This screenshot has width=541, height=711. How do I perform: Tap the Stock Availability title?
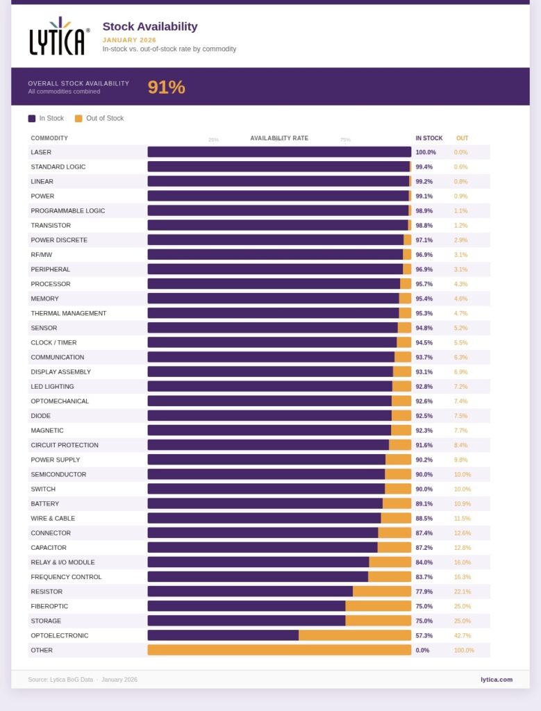pyautogui.click(x=150, y=26)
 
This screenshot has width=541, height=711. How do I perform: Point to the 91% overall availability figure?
pyautogui.click(x=166, y=87)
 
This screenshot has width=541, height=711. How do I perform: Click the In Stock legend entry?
pyautogui.click(x=46, y=118)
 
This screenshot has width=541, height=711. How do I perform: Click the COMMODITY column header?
pyautogui.click(x=49, y=138)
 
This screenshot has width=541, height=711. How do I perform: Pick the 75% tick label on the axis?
pyautogui.click(x=345, y=140)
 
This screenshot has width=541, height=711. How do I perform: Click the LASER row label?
pyautogui.click(x=41, y=152)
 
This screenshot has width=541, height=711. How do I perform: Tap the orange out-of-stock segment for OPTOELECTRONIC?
pyautogui.click(x=355, y=635)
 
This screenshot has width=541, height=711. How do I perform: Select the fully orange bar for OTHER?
pyautogui.click(x=279, y=650)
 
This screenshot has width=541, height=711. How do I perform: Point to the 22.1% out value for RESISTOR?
pyautogui.click(x=462, y=592)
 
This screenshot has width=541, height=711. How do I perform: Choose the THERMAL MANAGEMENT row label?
pyautogui.click(x=69, y=313)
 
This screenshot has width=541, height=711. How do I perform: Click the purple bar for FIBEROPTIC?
pyautogui.click(x=247, y=606)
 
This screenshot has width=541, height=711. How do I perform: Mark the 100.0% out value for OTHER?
pyautogui.click(x=464, y=650)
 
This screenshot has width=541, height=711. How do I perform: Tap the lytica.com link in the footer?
pyautogui.click(x=496, y=679)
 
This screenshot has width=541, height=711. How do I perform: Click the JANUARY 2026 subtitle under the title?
pyautogui.click(x=129, y=40)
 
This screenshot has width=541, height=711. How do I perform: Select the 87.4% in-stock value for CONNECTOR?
pyautogui.click(x=424, y=533)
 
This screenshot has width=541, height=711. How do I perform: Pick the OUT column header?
pyautogui.click(x=462, y=138)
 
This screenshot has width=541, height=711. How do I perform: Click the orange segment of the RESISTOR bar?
pyautogui.click(x=382, y=592)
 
